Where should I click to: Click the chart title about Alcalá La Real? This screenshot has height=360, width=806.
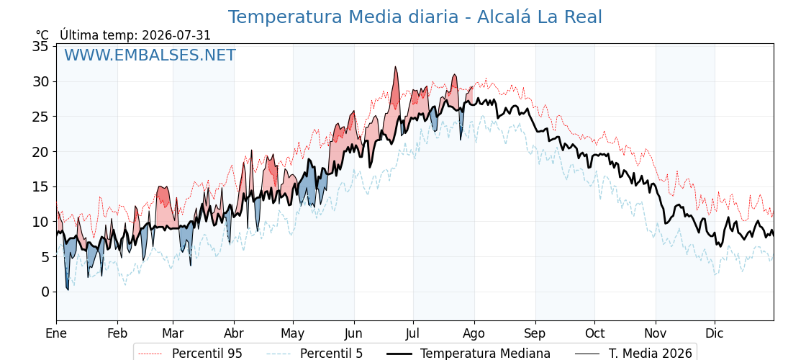[x=415, y=17]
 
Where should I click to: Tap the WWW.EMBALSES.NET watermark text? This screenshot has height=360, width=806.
[x=150, y=55]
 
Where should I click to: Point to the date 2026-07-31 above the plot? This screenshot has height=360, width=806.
[x=176, y=35]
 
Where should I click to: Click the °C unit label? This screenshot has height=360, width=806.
[x=42, y=35]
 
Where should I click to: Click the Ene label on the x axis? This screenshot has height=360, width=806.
[x=57, y=333]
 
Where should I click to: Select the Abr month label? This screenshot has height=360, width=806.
[x=234, y=333]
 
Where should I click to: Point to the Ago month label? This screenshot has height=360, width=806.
[x=474, y=334]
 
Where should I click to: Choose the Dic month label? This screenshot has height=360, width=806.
[x=715, y=333]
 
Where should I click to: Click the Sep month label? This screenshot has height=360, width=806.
[x=535, y=334]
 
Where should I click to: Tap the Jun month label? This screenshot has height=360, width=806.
[x=353, y=333]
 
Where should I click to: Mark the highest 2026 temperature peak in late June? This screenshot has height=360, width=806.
[x=395, y=66]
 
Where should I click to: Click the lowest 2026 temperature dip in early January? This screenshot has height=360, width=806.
[x=68, y=290]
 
